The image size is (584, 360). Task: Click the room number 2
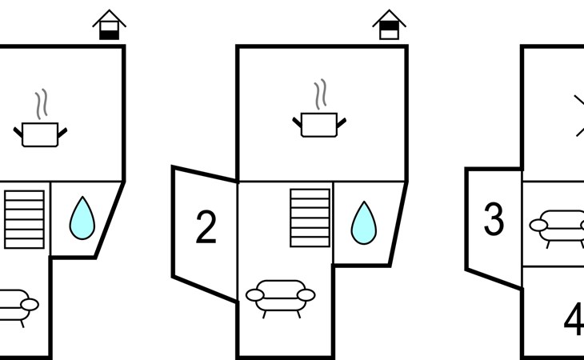pyautogui.click(x=206, y=226)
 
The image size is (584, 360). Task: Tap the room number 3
pyautogui.click(x=494, y=218)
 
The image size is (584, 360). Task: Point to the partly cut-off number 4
pyautogui.click(x=574, y=319)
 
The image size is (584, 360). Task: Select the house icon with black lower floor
pyautogui.click(x=109, y=25)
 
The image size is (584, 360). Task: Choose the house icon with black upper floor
pyautogui.click(x=390, y=25)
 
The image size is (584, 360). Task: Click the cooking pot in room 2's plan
pyautogui.click(x=319, y=125)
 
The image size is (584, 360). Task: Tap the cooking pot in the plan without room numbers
pyautogui.click(x=40, y=134)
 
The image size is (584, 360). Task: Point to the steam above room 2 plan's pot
pyautogui.click(x=320, y=94)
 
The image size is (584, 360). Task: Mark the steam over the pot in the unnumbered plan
pyautogui.click(x=42, y=104)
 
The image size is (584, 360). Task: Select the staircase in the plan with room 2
pyautogui.click(x=310, y=218)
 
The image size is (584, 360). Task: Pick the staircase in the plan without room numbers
pyautogui.click(x=24, y=219)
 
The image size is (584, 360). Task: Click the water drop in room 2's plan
pyautogui.click(x=364, y=223)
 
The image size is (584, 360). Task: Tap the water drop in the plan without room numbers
pyautogui.click(x=82, y=218)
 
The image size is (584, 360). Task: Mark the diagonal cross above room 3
pyautogui.click(x=579, y=116)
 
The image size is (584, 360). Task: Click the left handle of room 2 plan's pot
pyautogui.click(x=297, y=122)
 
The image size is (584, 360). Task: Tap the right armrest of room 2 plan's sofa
pyautogui.click(x=306, y=295)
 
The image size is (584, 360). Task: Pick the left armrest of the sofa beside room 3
pyautogui.click(x=538, y=226)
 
